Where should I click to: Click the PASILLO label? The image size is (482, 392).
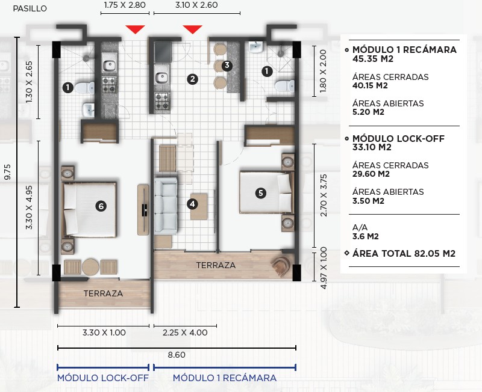point(30,8)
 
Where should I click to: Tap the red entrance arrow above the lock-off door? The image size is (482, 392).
point(135,29)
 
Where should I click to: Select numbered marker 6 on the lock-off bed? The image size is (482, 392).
point(101,206)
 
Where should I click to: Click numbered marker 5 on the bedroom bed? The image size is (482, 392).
point(261,193)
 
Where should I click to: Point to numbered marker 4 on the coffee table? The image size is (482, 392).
point(192,204)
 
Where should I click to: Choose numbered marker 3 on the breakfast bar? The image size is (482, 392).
point(227,66)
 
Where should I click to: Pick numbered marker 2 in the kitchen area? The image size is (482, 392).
point(192,79)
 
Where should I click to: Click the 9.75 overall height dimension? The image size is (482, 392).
point(7,172)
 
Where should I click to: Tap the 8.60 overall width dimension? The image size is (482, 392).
point(177,355)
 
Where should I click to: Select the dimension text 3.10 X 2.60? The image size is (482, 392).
point(196,5)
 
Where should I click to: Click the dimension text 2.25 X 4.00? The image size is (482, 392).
point(185,332)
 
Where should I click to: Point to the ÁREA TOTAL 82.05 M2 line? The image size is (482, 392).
point(404,253)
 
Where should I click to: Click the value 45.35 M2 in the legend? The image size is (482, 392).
point(373,58)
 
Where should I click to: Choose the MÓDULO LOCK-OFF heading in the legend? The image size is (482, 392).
point(398,139)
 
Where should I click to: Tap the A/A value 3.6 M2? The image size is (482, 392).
point(366,236)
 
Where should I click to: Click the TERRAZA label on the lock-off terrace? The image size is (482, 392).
point(103,293)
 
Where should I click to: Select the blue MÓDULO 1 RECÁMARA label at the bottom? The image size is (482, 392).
point(225,378)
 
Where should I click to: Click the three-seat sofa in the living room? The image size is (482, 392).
point(166,206)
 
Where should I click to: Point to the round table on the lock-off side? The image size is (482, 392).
point(91,267)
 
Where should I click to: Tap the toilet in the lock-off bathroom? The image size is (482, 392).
point(84,88)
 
